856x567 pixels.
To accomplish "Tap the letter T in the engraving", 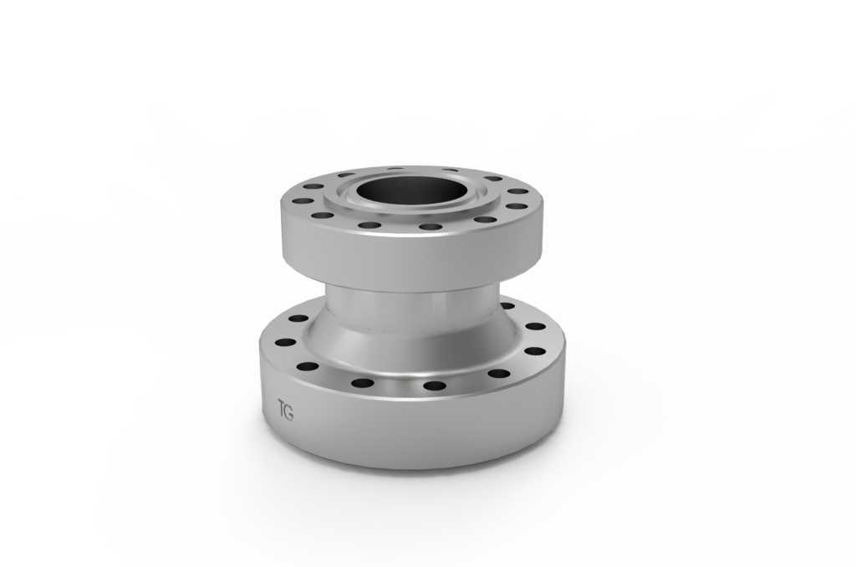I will pyautogui.click(x=281, y=411).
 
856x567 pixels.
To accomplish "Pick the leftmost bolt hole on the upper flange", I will pyautogui.click(x=293, y=201).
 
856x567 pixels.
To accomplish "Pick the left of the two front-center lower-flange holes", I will pyautogui.click(x=363, y=383).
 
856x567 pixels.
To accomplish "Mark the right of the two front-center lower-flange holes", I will pyautogui.click(x=435, y=386).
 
